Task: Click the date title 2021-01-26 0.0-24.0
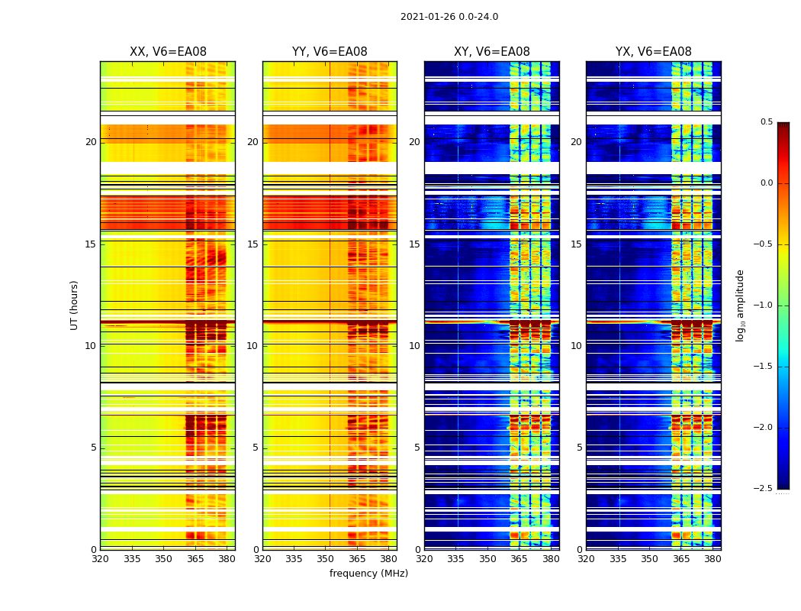[x=449, y=17]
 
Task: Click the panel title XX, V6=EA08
[x=168, y=52]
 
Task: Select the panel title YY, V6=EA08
[x=330, y=52]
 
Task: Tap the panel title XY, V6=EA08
[x=492, y=52]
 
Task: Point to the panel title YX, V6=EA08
[x=654, y=52]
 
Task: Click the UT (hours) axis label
[x=75, y=305]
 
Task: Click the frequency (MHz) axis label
[x=368, y=574]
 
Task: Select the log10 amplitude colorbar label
[x=741, y=305]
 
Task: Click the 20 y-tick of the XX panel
[x=91, y=142]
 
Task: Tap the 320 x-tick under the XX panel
[x=100, y=559]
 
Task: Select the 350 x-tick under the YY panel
[x=326, y=559]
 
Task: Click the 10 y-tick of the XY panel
[x=415, y=346]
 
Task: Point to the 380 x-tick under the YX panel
[x=713, y=559]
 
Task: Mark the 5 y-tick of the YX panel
[x=580, y=448]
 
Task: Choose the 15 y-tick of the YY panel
[x=253, y=244]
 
